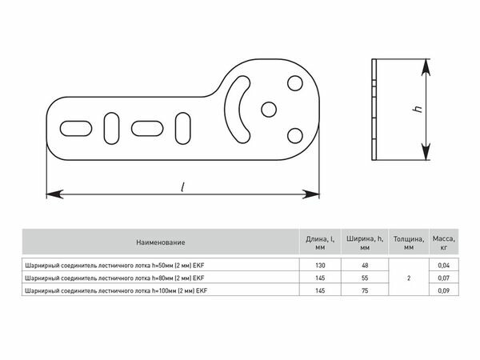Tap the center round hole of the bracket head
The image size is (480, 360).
tap(269, 110)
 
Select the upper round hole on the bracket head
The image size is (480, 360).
tap(295, 83)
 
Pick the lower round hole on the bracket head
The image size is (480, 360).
tap(295, 136)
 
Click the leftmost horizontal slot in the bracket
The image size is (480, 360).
tap(76, 129)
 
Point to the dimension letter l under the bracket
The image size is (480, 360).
tap(182, 187)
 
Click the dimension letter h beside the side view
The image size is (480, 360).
tap(418, 108)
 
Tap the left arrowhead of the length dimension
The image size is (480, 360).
tap(54, 194)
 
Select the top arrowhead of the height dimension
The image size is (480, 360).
tap(426, 68)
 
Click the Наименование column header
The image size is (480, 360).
tap(161, 242)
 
